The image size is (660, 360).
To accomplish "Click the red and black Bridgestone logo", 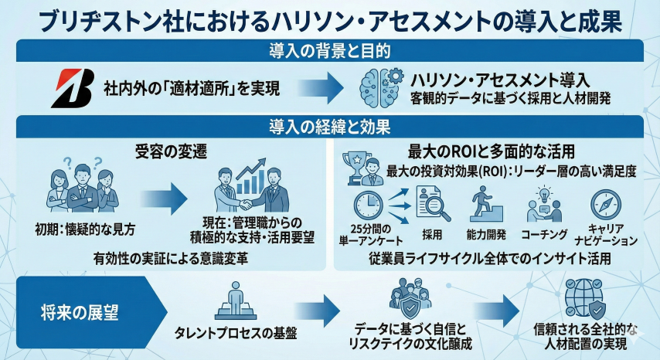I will click(72, 88).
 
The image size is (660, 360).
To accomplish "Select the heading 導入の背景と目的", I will click(329, 51).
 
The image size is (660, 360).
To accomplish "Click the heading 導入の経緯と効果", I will click(329, 125).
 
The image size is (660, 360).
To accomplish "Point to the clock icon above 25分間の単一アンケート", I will click(369, 205).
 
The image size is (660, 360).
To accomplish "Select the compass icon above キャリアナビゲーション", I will click(605, 204).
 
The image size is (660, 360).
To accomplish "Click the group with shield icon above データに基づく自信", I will click(410, 297).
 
